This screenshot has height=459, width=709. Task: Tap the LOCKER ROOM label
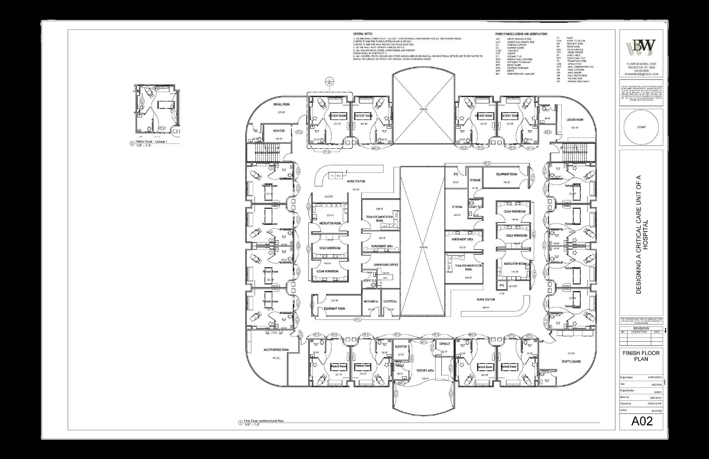[x=575, y=120]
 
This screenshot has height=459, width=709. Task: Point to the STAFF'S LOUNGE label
[x=571, y=362]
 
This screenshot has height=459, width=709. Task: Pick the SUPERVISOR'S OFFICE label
[x=386, y=265]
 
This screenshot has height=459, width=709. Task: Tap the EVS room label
[x=456, y=174]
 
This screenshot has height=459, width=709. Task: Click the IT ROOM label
[x=457, y=207]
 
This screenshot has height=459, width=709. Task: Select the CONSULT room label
[x=444, y=344]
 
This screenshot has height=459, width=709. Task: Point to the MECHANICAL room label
[x=371, y=301]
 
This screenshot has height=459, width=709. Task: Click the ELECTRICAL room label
[x=390, y=301]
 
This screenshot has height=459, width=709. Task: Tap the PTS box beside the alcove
[x=502, y=286]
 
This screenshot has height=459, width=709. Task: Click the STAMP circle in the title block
[x=641, y=127]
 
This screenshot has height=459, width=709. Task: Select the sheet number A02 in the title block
[x=642, y=421]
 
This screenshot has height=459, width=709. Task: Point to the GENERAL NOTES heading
[x=363, y=34]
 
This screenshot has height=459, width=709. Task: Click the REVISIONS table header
[x=641, y=328]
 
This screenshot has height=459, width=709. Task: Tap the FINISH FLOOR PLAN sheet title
[x=641, y=356]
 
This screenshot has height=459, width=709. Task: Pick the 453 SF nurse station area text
[x=356, y=189]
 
